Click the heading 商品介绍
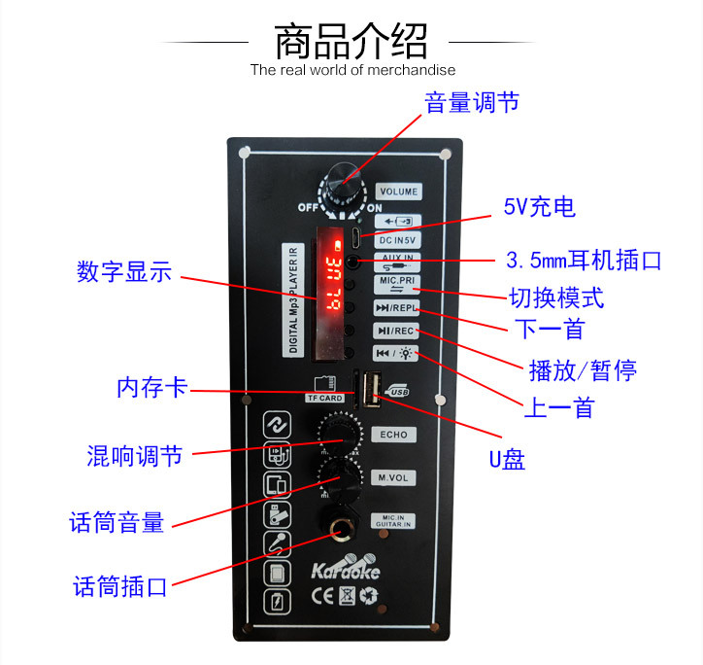(x=351, y=42)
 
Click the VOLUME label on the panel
(x=398, y=192)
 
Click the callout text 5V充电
(x=539, y=207)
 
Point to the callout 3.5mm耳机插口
(x=584, y=261)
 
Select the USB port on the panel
(x=370, y=390)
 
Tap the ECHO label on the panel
(x=393, y=435)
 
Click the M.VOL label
(x=393, y=477)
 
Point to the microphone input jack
(x=342, y=531)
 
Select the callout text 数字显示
(x=124, y=272)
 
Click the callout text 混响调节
(x=134, y=455)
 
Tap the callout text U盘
(x=506, y=460)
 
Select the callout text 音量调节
(x=472, y=103)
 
